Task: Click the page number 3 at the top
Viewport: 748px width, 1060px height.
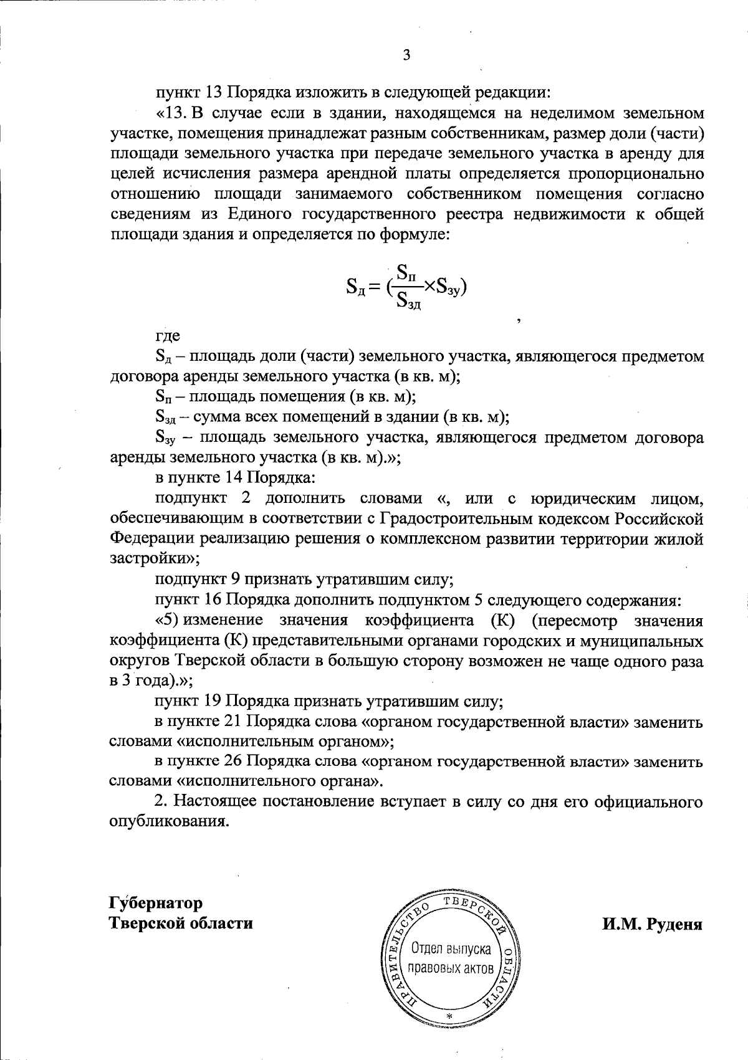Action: tap(406, 56)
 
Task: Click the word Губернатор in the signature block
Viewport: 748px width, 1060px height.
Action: tap(156, 902)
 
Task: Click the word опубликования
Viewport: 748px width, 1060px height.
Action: tap(166, 821)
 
